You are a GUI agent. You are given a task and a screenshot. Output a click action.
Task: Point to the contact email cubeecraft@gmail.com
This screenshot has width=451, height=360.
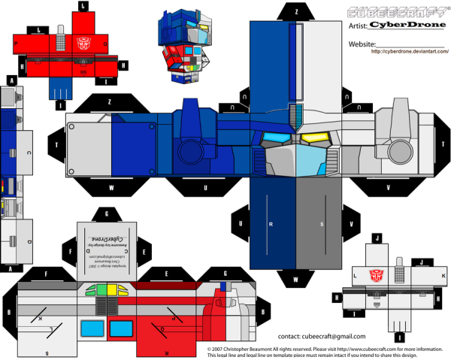322,337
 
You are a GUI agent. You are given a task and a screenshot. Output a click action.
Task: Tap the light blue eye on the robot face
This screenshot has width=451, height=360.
273,138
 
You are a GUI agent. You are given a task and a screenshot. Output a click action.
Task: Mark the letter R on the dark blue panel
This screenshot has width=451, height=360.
270,224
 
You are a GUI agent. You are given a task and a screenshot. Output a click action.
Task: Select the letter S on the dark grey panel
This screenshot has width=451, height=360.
321,224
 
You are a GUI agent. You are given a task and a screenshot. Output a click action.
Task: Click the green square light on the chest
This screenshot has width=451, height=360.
93,289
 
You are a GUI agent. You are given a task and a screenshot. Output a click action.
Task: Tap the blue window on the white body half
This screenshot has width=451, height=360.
92,328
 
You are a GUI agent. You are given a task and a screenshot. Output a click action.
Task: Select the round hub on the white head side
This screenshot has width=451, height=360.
74,128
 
